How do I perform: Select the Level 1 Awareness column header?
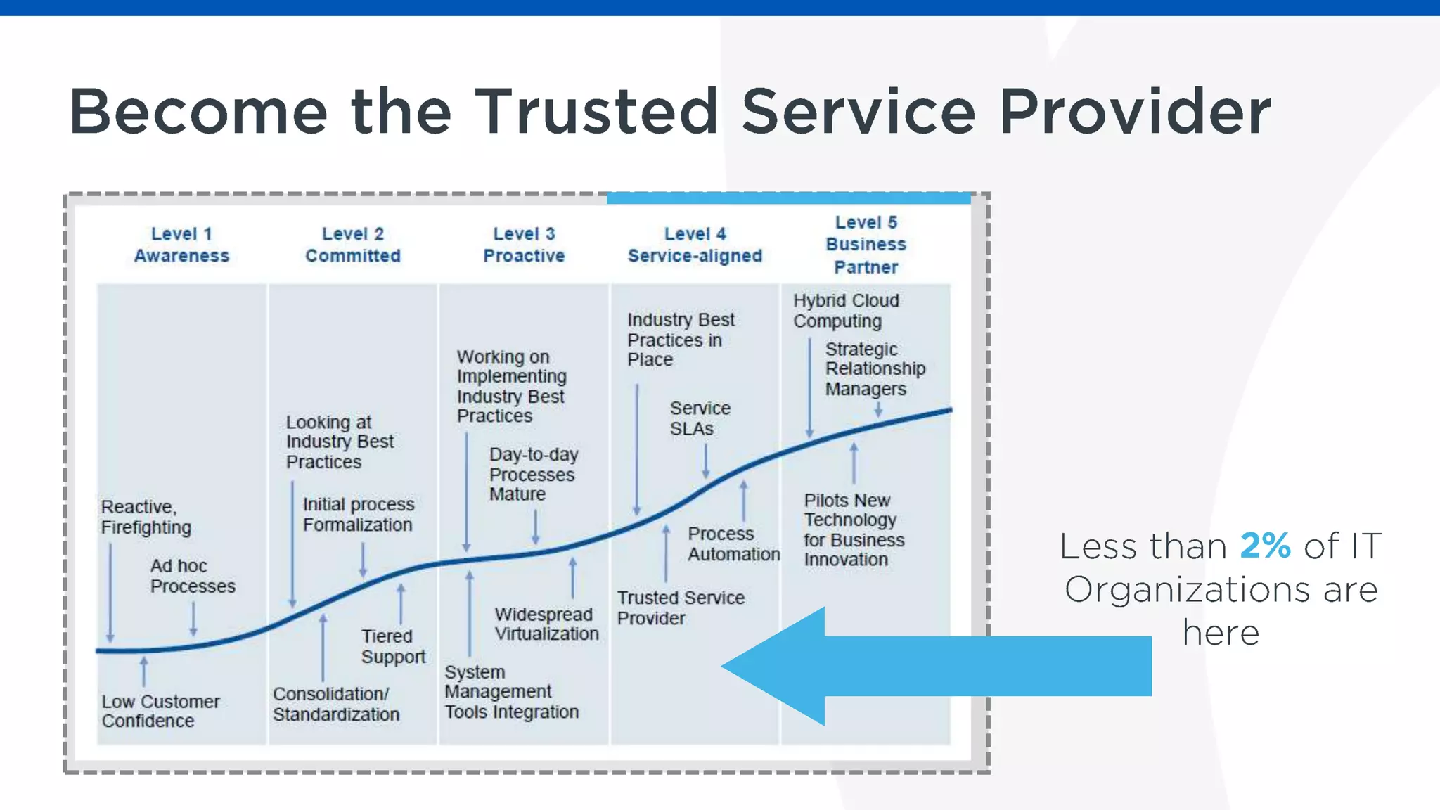coord(181,245)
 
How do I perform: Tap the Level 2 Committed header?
coord(353,245)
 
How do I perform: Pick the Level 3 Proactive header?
coord(524,245)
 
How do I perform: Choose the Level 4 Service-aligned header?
coord(695,245)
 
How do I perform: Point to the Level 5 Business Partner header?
coord(866,245)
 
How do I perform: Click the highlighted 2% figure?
coord(1265,546)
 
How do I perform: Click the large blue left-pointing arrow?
coord(935,666)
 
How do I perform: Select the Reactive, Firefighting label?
coord(146,517)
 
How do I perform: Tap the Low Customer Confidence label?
coord(160,711)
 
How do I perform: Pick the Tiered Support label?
coord(393,646)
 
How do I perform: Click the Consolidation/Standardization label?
coord(336,704)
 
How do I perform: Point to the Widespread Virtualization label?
coord(546,624)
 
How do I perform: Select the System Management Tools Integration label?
coord(511,692)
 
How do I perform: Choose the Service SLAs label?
coord(700,418)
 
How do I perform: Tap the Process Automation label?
coord(733,544)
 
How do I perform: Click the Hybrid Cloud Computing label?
coord(846,311)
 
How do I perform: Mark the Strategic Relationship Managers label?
coord(875,369)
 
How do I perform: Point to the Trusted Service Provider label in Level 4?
coord(681,608)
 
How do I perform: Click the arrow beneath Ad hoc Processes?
coord(193,619)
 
